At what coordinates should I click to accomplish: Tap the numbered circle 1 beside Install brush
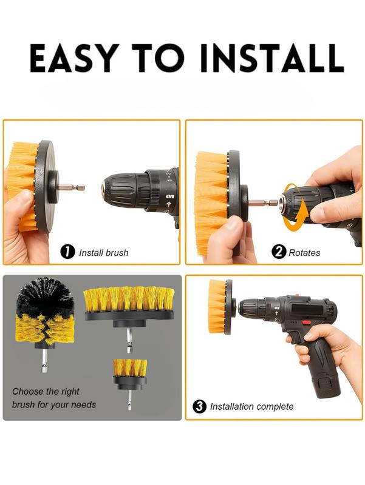pos(68,252)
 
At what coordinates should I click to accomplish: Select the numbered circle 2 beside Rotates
pos(279,252)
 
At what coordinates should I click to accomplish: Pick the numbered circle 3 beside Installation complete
pos(199,406)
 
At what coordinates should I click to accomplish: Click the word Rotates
pos(304,252)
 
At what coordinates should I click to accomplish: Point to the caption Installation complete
pos(251,407)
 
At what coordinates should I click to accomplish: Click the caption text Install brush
pos(104,252)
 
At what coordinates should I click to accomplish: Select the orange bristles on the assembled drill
pos(216,306)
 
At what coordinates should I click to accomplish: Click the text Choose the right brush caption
pos(54,398)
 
